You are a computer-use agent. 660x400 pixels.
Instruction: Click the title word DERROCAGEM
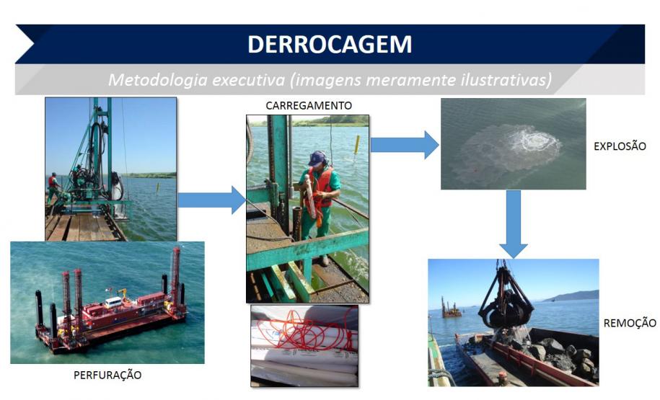[x=330, y=44]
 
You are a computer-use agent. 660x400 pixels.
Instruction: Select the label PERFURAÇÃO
[x=107, y=375]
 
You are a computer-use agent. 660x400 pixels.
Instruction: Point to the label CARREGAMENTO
[x=308, y=105]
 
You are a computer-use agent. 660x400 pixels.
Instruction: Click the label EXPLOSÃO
[x=619, y=146]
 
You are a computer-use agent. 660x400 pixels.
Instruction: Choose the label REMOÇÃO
[x=629, y=323]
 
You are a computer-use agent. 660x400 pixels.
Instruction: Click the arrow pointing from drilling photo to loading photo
[x=211, y=200]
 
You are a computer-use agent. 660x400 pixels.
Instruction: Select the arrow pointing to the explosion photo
[x=404, y=144]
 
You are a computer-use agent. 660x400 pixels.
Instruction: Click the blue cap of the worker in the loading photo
[x=316, y=158]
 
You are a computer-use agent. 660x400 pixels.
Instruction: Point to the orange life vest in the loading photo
[x=322, y=186]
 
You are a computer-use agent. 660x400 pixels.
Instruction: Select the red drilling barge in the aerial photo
[x=115, y=310]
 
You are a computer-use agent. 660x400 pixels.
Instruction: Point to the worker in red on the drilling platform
[x=52, y=185]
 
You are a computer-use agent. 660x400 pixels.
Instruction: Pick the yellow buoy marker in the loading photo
[x=356, y=143]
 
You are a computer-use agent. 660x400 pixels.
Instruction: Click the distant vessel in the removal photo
[x=452, y=310]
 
